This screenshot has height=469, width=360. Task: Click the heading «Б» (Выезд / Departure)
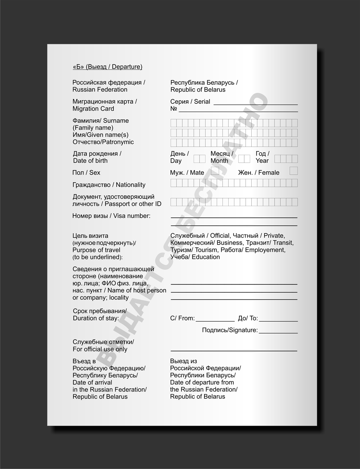click(107, 67)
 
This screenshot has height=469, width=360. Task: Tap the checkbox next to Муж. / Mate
click(215, 171)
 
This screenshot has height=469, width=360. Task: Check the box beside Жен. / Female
click(294, 171)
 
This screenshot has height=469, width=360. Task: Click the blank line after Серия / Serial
click(256, 104)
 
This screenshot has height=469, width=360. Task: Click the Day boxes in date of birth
click(199, 158)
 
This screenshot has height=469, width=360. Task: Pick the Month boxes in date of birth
click(244, 158)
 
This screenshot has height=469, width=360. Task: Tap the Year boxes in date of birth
click(286, 158)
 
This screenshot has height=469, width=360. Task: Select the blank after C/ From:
click(215, 321)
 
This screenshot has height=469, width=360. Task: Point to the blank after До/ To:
click(278, 321)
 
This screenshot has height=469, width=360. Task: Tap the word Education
click(206, 257)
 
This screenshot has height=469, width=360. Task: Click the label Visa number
click(132, 216)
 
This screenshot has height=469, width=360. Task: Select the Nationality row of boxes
click(234, 183)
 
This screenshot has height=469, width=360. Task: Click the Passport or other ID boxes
click(234, 202)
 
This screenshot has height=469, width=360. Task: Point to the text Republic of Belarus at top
click(198, 90)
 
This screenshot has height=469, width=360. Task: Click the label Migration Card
click(93, 108)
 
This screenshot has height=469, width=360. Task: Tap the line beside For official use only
click(234, 350)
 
